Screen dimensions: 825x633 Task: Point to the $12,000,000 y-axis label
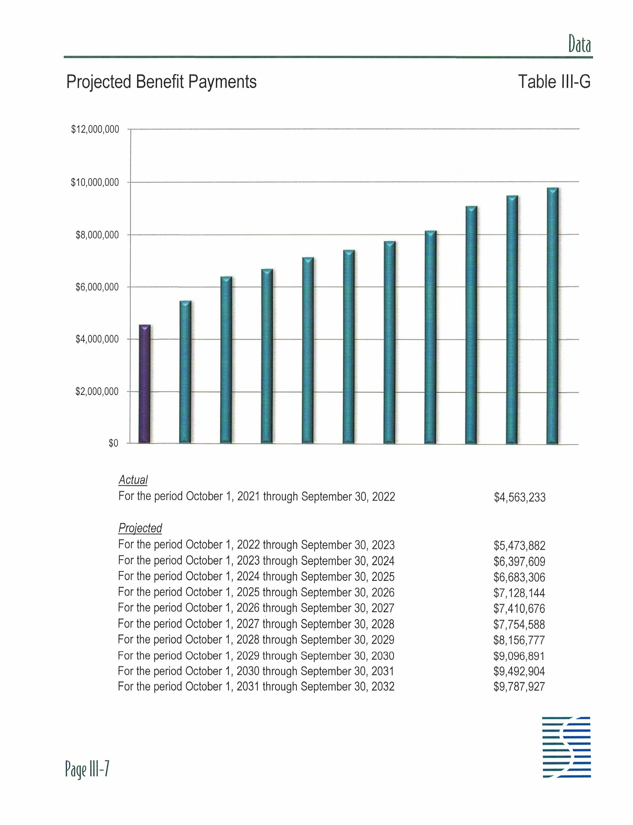click(x=95, y=129)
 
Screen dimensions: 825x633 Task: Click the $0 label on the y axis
click(x=113, y=444)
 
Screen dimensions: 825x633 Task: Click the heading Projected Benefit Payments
click(x=161, y=82)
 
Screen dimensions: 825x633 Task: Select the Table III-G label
click(x=554, y=82)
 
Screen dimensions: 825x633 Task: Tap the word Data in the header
click(x=579, y=45)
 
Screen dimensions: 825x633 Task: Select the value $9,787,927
click(x=519, y=686)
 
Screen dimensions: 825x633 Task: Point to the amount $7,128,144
click(x=519, y=593)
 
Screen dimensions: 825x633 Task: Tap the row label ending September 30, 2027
click(x=256, y=608)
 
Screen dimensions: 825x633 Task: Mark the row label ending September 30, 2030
click(x=256, y=655)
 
